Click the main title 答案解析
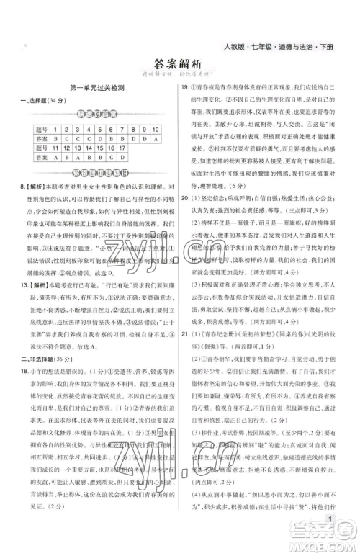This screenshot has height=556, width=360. coord(180,63)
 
